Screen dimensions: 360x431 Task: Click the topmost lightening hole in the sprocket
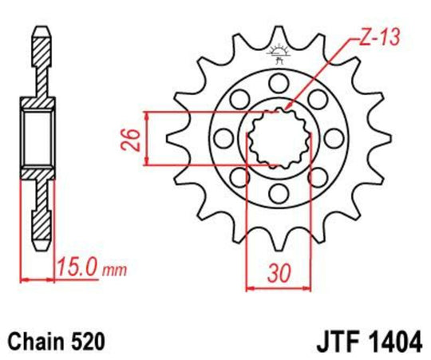(278, 82)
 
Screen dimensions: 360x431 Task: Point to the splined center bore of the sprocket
(277, 137)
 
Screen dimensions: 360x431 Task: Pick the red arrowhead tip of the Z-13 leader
(285, 109)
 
